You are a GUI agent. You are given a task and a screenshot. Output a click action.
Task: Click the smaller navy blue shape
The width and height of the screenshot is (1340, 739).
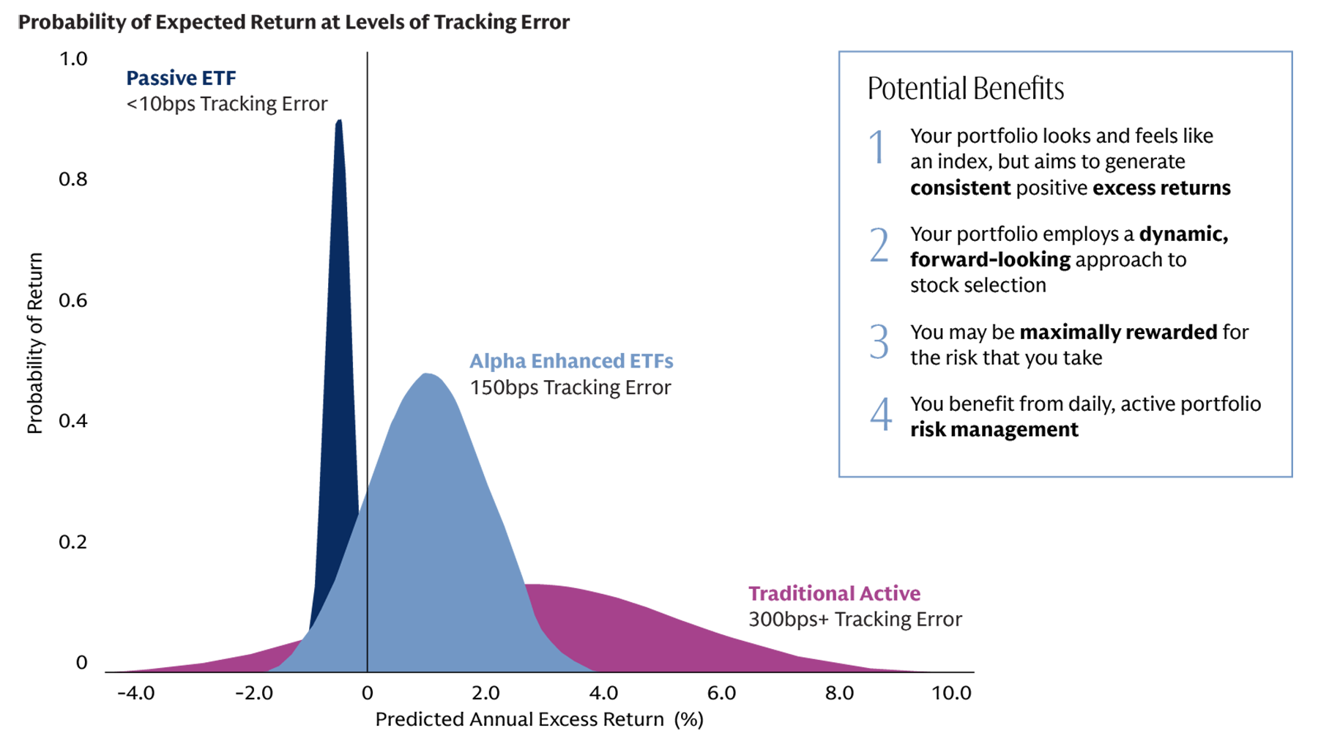coord(179,72)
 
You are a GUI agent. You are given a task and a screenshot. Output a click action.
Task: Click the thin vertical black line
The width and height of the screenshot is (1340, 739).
coord(367,586)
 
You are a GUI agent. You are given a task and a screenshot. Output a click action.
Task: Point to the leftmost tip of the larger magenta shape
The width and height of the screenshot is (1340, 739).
coord(526,584)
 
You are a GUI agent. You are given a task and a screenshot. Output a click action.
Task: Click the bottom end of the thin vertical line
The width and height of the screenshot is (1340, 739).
coord(367,669)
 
